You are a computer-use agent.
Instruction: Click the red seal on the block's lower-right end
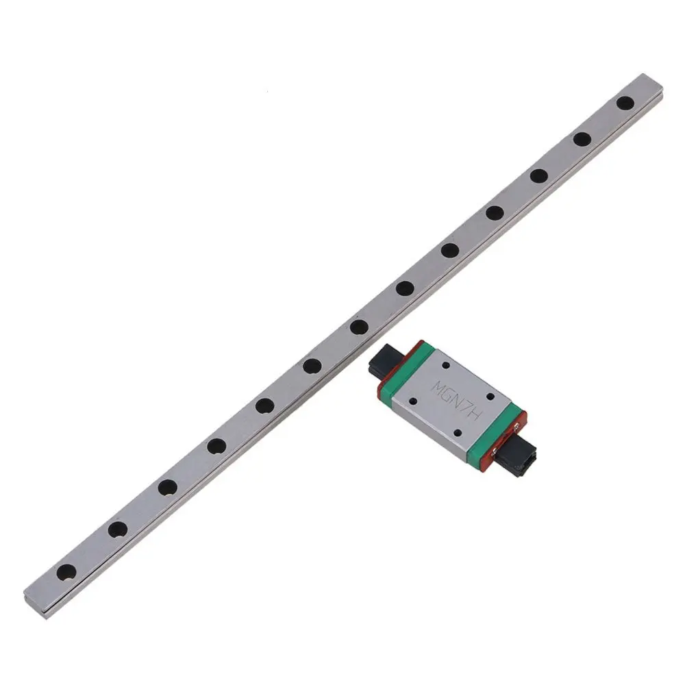click(510, 438)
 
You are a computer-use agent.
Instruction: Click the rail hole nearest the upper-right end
click(625, 103)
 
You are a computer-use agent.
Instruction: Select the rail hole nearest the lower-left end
click(66, 570)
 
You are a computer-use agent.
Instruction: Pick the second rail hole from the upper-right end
click(582, 139)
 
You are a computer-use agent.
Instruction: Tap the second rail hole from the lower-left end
click(117, 529)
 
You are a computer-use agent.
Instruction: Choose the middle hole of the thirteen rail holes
click(358, 327)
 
